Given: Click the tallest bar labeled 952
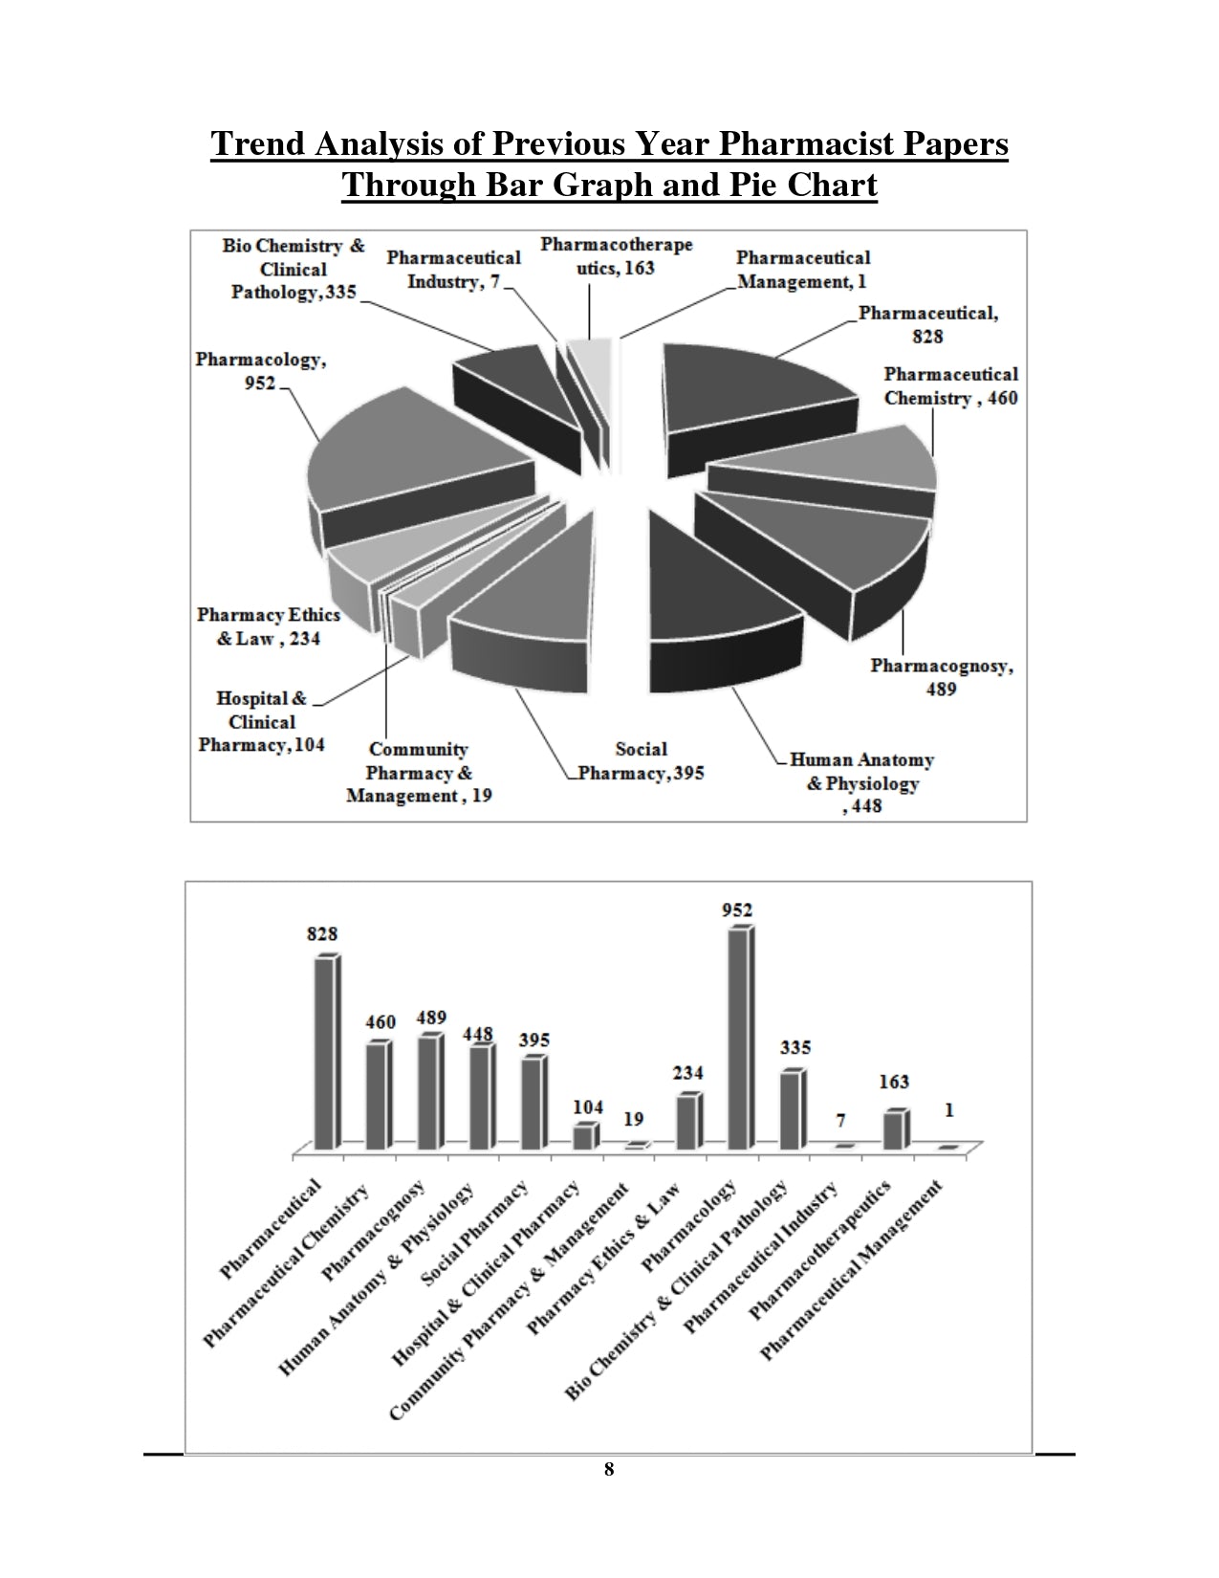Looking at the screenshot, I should (739, 1038).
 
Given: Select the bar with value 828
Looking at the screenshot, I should (325, 1052).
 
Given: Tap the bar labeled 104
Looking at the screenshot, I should (583, 1137).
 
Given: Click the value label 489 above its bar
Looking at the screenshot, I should (431, 1019).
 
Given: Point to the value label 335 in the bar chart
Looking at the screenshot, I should (795, 1047).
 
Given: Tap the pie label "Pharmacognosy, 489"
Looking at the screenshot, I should (941, 677).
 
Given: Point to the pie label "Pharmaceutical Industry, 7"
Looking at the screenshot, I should (453, 270).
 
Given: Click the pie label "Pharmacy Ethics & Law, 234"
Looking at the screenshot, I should (268, 626).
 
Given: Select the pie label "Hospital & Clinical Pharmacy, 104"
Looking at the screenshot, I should (261, 722).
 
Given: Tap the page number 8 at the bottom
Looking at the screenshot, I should (609, 1470).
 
